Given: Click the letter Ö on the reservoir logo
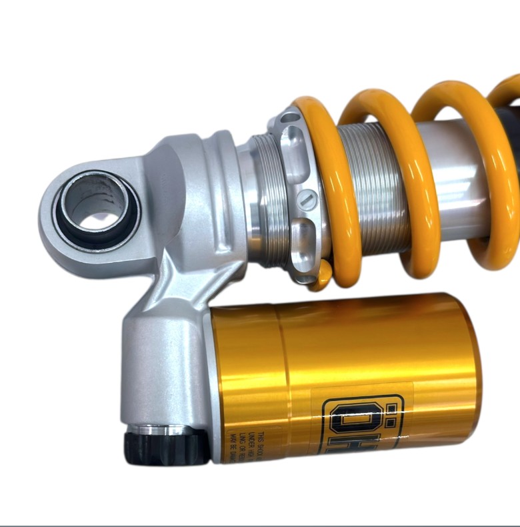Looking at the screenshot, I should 343,426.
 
